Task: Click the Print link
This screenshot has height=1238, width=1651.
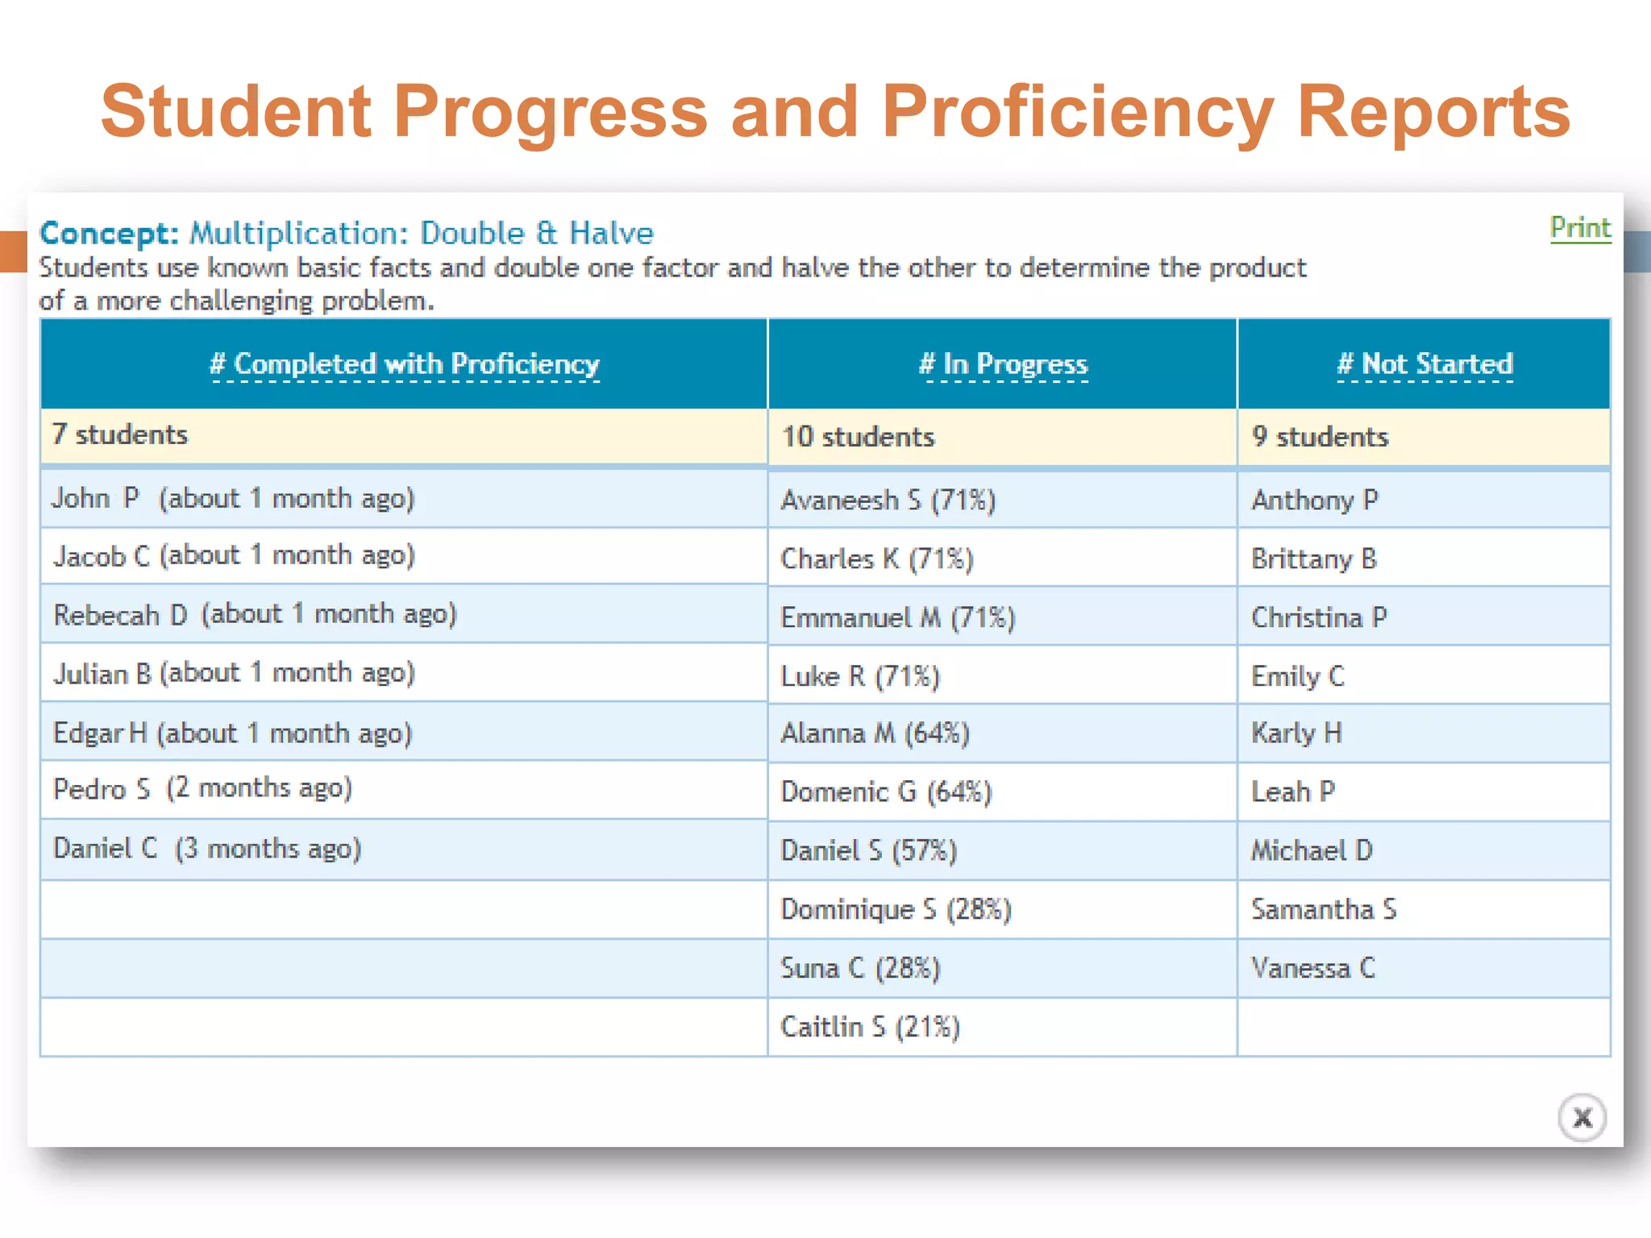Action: point(1580,229)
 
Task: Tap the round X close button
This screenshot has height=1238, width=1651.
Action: point(1582,1118)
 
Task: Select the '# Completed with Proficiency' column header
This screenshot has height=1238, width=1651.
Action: point(405,364)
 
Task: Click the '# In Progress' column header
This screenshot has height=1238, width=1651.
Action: point(1003,364)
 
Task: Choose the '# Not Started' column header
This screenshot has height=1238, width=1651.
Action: point(1424,364)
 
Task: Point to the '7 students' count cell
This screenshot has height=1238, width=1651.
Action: point(120,435)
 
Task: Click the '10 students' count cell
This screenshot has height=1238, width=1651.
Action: point(858,437)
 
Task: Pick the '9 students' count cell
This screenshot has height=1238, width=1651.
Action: point(1320,437)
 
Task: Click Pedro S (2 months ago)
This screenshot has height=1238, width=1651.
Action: point(202,788)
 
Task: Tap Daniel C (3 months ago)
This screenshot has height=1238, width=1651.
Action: point(207,849)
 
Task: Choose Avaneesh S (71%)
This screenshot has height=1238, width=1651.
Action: point(888,501)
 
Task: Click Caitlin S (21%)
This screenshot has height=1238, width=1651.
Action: point(870,1027)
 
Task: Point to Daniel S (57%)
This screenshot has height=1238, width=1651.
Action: point(868,851)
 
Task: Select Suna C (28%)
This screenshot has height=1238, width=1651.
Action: point(860,968)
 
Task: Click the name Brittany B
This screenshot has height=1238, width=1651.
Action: point(1314,559)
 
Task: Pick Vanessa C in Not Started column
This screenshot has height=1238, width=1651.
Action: point(1313,968)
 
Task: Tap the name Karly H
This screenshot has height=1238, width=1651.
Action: point(1296,733)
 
